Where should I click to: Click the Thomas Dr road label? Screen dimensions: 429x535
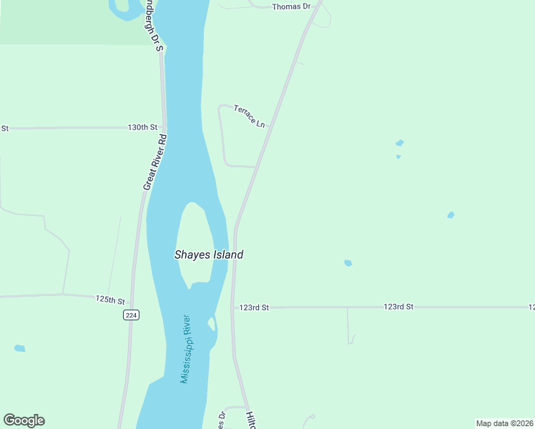(292, 6)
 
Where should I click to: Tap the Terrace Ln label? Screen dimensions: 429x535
(250, 115)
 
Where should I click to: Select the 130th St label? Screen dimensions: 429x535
(142, 127)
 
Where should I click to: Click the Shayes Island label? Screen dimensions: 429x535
(209, 255)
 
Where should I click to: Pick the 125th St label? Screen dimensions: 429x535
(110, 300)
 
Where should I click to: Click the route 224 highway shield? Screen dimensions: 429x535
(130, 315)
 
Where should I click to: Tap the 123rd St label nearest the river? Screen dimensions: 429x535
(254, 307)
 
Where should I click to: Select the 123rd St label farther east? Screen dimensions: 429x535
(398, 307)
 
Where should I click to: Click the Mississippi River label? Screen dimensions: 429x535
(187, 349)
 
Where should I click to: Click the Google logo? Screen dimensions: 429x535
(24, 420)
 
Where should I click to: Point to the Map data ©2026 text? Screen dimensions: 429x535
(504, 423)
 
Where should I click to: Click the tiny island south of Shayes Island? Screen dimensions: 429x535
(212, 324)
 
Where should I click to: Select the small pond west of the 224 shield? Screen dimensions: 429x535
(19, 348)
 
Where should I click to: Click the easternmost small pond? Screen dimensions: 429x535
(451, 214)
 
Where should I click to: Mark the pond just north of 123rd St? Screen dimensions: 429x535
(348, 263)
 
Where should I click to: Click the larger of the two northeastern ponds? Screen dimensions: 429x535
(400, 143)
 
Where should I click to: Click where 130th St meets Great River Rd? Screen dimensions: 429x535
(165, 127)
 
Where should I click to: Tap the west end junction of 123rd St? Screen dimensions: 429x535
(232, 307)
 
